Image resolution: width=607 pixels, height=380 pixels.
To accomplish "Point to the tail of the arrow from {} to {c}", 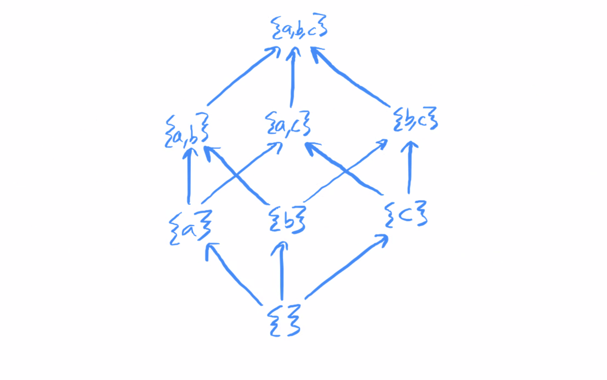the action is coord(306,299).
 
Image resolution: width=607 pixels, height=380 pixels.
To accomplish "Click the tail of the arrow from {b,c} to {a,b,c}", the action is coord(389,106).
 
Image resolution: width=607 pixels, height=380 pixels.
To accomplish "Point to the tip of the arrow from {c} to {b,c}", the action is coord(410,142).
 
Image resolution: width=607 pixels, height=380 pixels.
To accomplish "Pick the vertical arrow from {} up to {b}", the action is coord(282,271).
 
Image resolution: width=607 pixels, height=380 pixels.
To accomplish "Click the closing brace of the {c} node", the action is coord(420,214).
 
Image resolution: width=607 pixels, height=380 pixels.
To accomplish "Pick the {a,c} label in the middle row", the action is coord(288,124).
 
